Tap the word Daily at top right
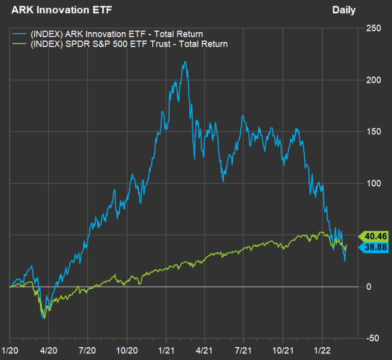coord(344,10)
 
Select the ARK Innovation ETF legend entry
coord(116,34)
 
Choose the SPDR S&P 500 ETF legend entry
coord(128,44)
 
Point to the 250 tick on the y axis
coord(374,28)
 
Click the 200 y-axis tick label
coord(374,80)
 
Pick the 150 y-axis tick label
coord(374,132)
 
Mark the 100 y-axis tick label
coord(374,183)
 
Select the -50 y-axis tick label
coord(373,339)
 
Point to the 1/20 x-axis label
coord(10,351)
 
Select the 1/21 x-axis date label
coord(166,351)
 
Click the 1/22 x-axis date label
coord(322,351)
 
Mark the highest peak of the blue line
coord(185,62)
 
